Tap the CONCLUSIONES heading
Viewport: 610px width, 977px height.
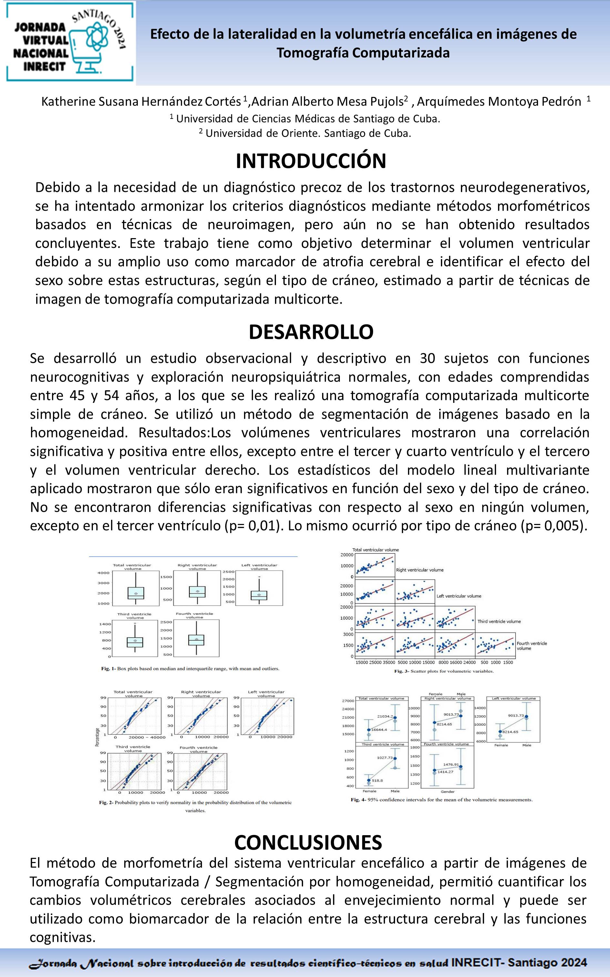308,843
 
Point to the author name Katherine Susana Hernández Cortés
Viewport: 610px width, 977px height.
141,101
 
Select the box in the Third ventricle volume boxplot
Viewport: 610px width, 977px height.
135,642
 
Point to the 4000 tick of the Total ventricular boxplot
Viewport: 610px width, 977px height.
104,573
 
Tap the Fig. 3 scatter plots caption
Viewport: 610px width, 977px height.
444,671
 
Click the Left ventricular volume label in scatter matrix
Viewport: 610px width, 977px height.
459,596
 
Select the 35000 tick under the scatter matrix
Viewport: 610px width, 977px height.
389,663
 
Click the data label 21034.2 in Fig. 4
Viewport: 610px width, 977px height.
384,716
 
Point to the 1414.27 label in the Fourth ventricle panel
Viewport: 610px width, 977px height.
445,772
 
